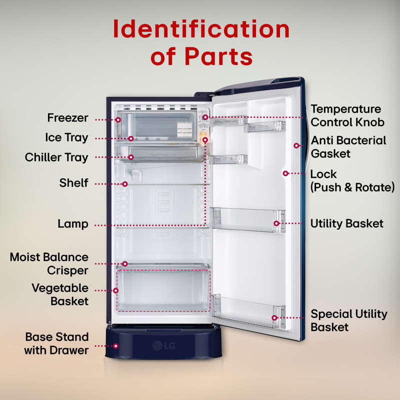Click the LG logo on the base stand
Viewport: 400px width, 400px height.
tap(164, 345)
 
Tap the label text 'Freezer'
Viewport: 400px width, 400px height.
tap(67, 118)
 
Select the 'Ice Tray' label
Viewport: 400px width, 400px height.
tap(66, 138)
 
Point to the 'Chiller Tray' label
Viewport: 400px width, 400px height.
tap(56, 157)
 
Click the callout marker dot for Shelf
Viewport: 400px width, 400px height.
tap(124, 184)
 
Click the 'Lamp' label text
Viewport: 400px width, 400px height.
tap(73, 224)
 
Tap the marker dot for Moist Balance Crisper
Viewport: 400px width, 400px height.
tap(124, 263)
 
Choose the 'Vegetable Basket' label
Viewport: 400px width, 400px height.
tap(60, 294)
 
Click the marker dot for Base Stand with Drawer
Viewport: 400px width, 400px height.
tap(116, 346)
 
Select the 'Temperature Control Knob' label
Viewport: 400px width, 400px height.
tap(347, 115)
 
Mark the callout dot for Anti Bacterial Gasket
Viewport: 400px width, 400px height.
tap(296, 145)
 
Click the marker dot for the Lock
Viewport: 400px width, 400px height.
tap(285, 173)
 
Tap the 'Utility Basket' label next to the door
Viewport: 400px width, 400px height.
tap(346, 223)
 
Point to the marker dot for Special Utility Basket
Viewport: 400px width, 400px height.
tap(274, 317)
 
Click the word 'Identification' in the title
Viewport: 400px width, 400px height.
tap(201, 29)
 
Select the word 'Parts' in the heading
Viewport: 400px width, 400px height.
tap(218, 56)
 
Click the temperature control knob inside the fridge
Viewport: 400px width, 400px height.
tap(205, 117)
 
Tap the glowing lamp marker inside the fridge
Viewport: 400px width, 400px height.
tap(205, 139)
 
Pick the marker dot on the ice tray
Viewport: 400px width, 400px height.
tap(131, 138)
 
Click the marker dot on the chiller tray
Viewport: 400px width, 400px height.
tap(131, 157)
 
